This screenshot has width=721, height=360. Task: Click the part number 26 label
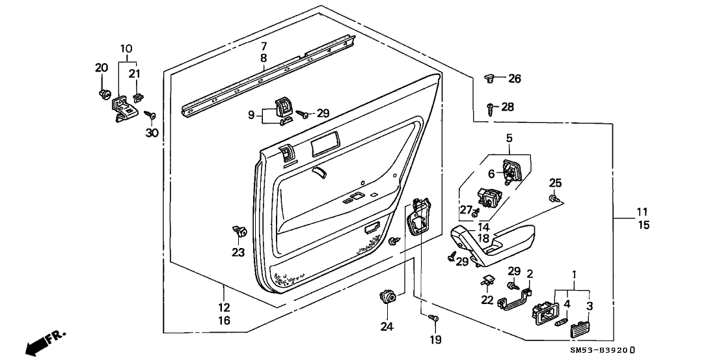click(x=515, y=79)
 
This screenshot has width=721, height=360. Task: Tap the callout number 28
click(x=508, y=106)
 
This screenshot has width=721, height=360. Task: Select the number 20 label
click(x=101, y=68)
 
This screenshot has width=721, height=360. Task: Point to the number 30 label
click(x=152, y=132)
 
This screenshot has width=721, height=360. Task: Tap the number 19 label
click(x=435, y=339)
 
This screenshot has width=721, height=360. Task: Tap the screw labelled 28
click(x=489, y=105)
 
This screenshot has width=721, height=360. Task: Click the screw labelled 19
click(x=434, y=318)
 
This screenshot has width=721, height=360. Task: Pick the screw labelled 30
click(x=149, y=116)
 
